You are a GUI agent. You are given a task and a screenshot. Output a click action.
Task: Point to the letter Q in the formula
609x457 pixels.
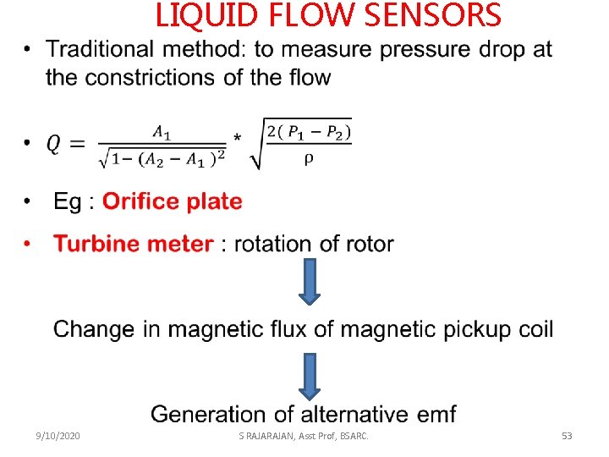pyautogui.click(x=52, y=146)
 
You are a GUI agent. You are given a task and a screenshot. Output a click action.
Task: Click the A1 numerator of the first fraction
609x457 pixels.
pyautogui.click(x=161, y=131)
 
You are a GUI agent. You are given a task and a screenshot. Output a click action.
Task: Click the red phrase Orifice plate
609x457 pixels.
pyautogui.click(x=172, y=202)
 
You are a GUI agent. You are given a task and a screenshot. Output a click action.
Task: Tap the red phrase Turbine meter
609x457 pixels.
pyautogui.click(x=134, y=245)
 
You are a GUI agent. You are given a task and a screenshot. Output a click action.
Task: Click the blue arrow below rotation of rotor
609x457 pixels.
pyautogui.click(x=310, y=281)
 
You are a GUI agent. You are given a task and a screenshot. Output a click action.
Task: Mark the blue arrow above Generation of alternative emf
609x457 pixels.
pyautogui.click(x=310, y=376)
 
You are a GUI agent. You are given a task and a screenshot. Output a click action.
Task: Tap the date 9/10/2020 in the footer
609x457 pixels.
pyautogui.click(x=58, y=436)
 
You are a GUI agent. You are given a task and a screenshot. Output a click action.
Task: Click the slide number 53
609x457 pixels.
pyautogui.click(x=567, y=436)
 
